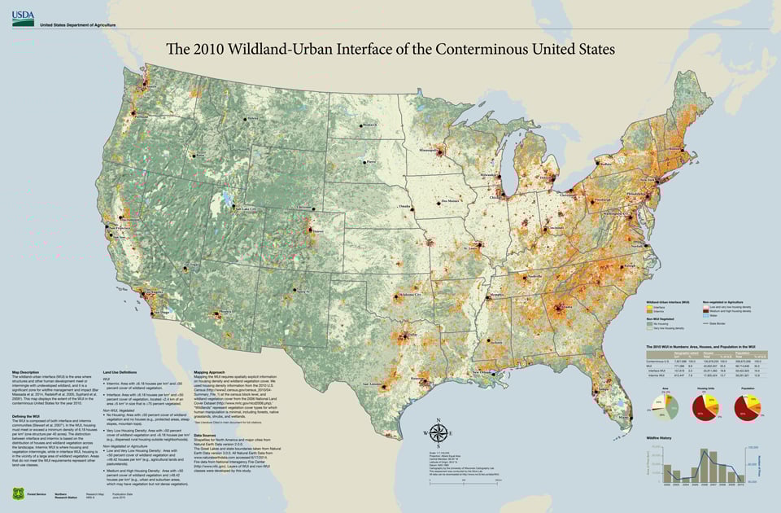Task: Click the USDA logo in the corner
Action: click(22, 17)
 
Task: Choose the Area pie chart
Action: click(665, 405)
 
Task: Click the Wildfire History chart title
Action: click(661, 437)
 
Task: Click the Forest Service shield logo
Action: click(18, 493)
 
